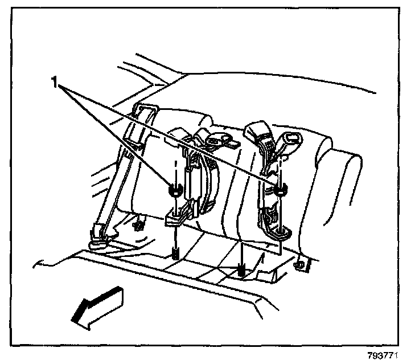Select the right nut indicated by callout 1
pos(280,190)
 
